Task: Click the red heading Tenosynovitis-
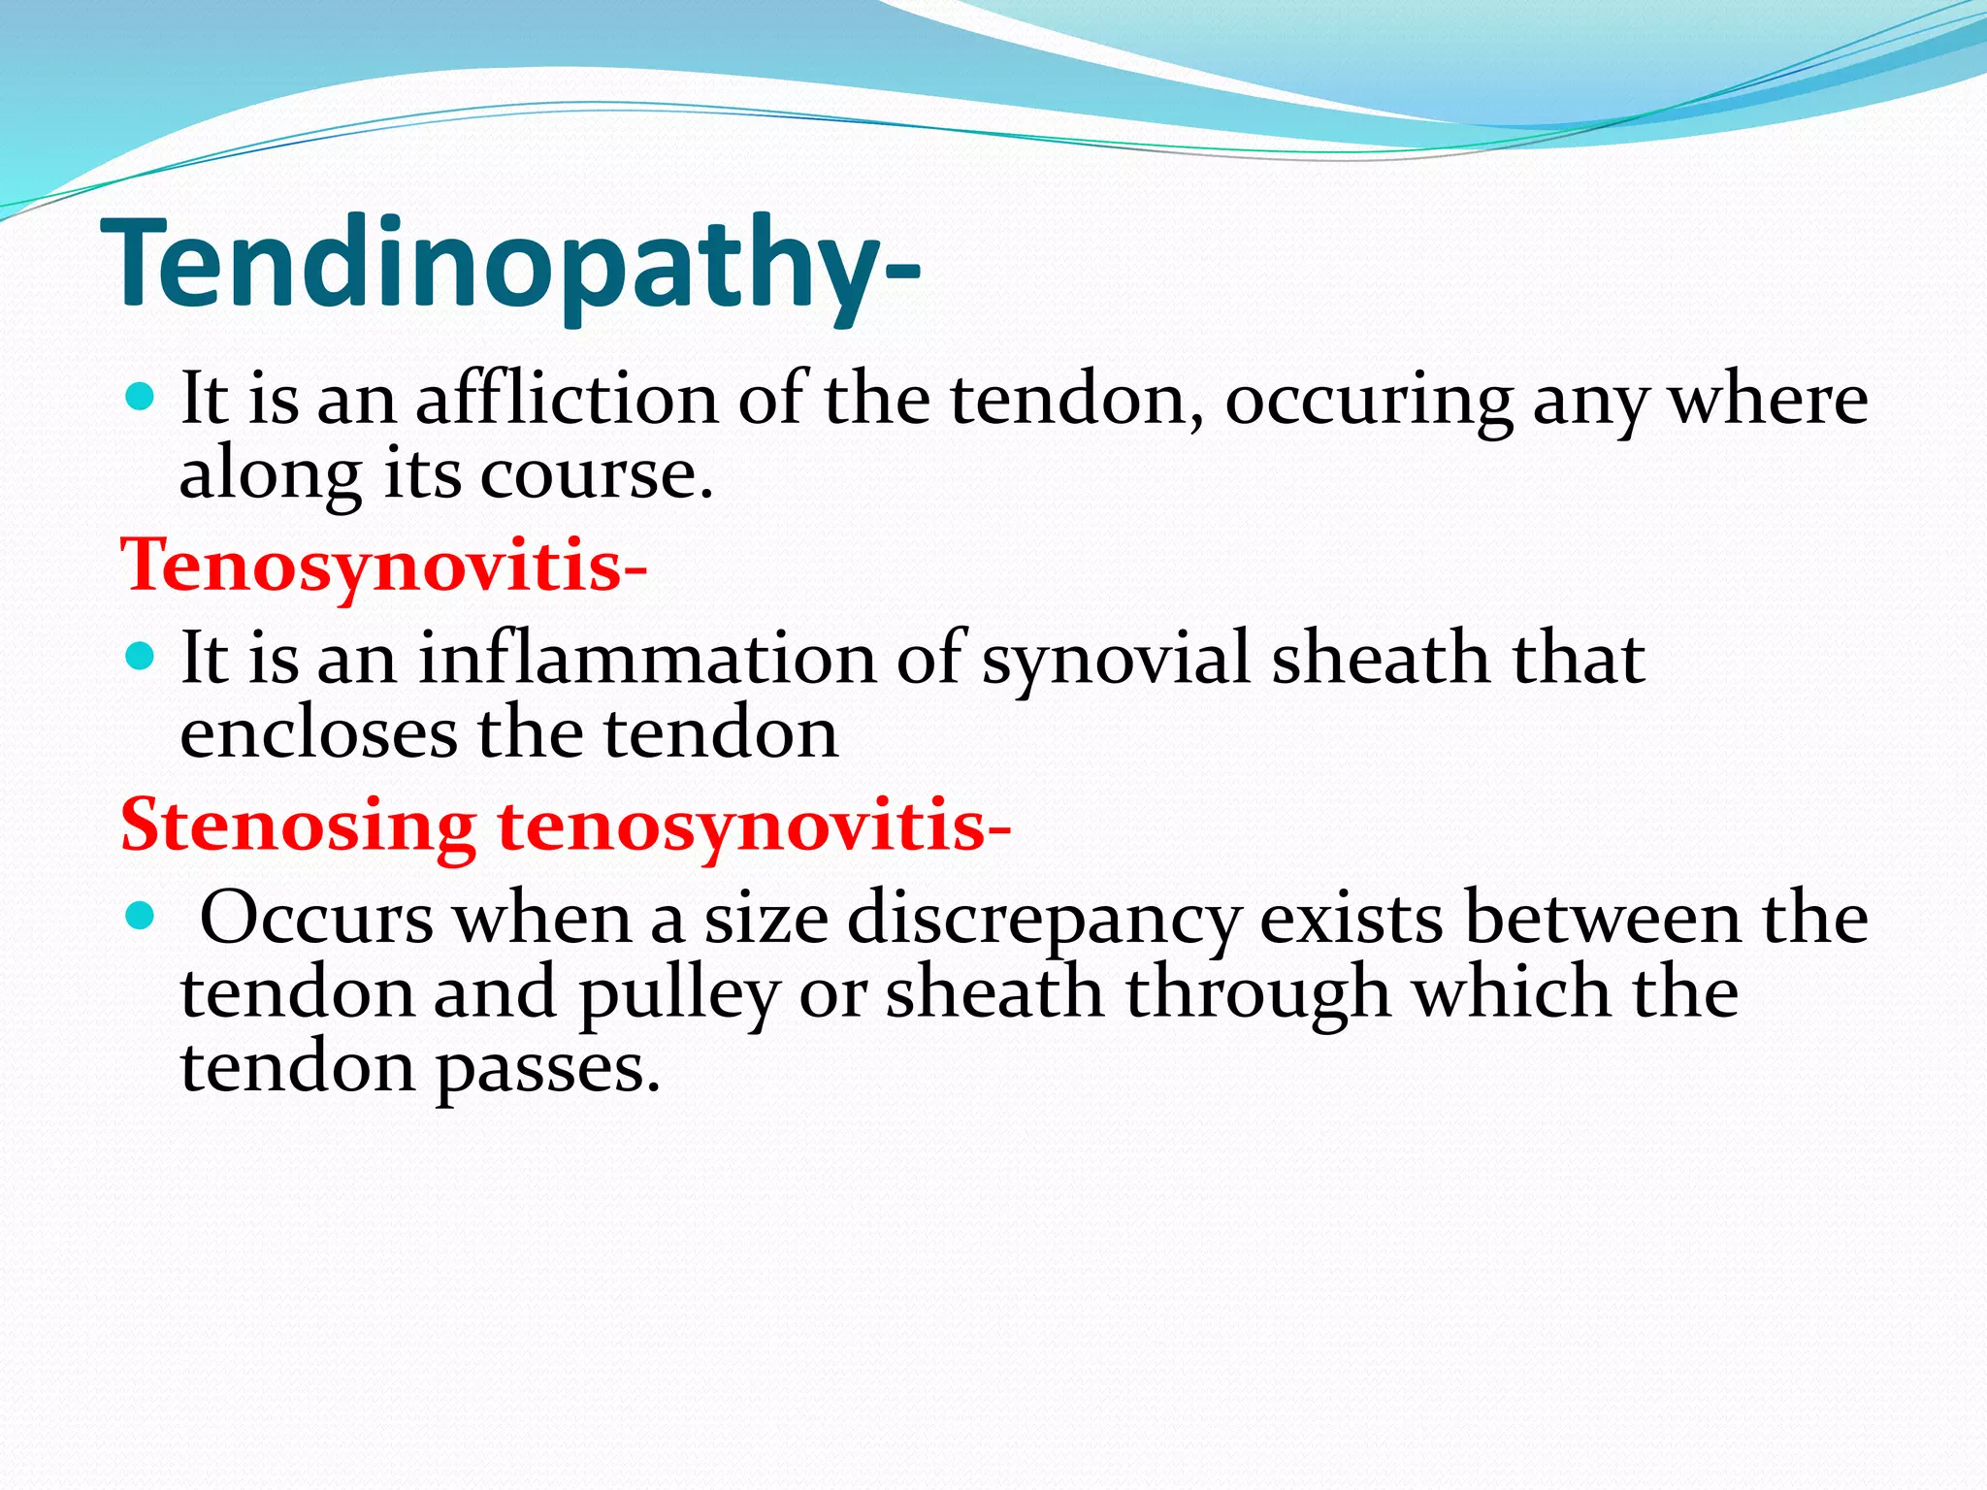coord(383,565)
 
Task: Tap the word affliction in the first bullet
coord(568,400)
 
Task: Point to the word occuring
coord(1368,402)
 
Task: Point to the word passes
coord(547,1070)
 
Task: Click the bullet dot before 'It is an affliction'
coord(141,396)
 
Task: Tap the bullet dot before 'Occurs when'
coord(141,915)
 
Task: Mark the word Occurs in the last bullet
coord(316,918)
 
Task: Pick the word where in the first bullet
coord(1768,400)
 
